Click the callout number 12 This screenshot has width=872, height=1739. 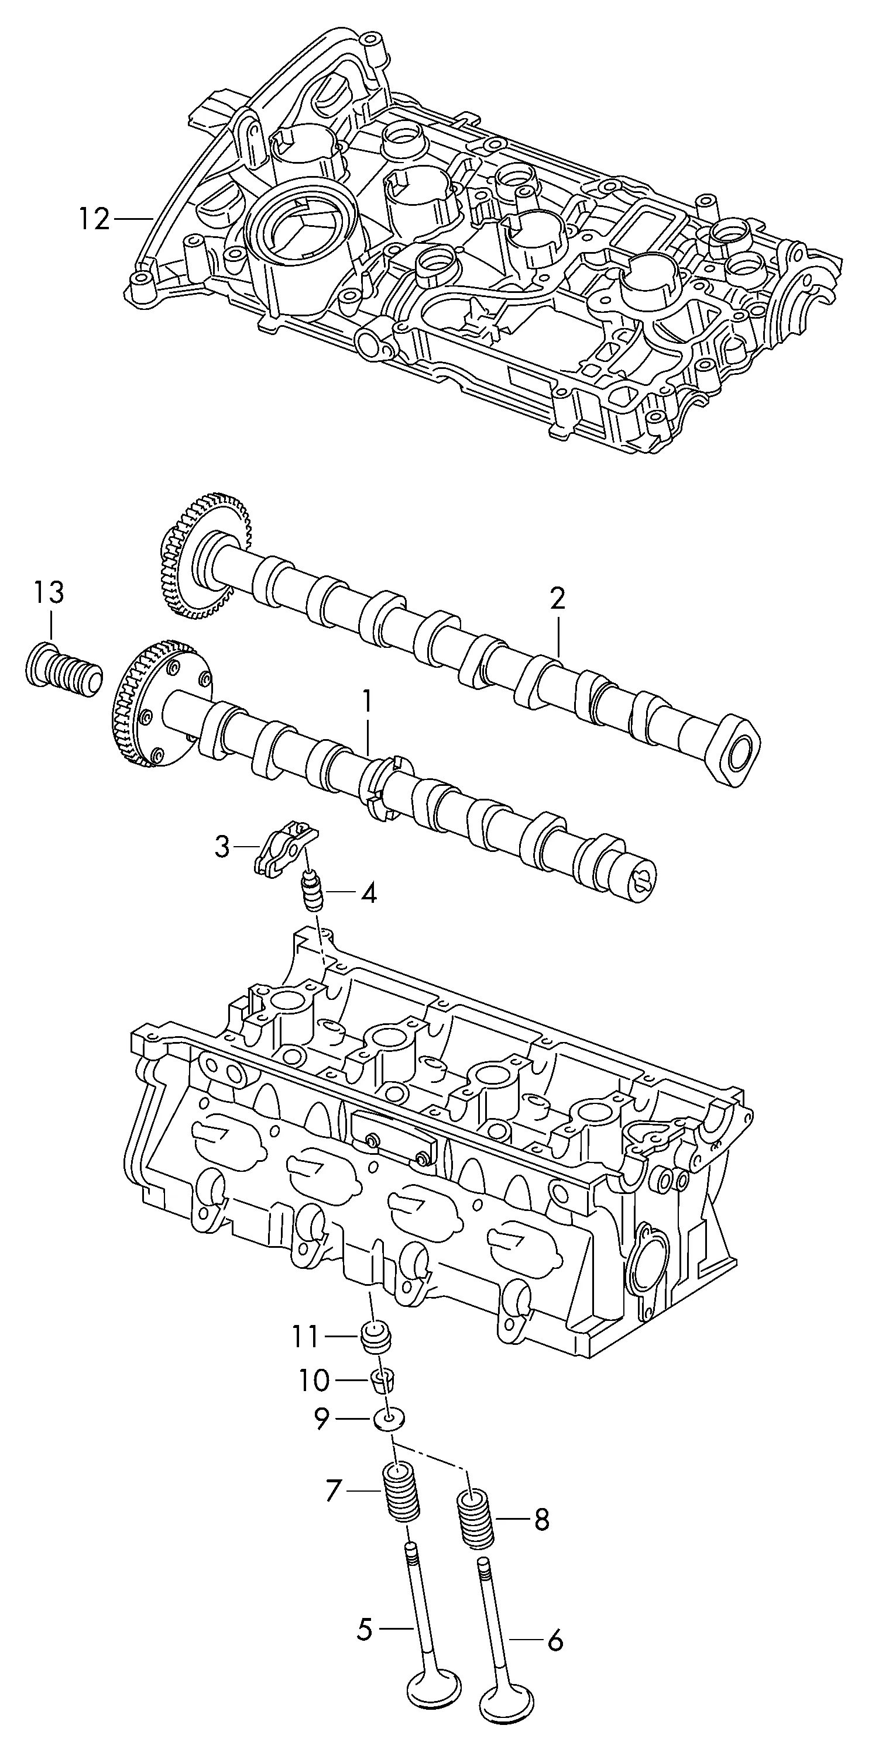[x=94, y=219]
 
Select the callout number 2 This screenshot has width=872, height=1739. [x=557, y=598]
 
